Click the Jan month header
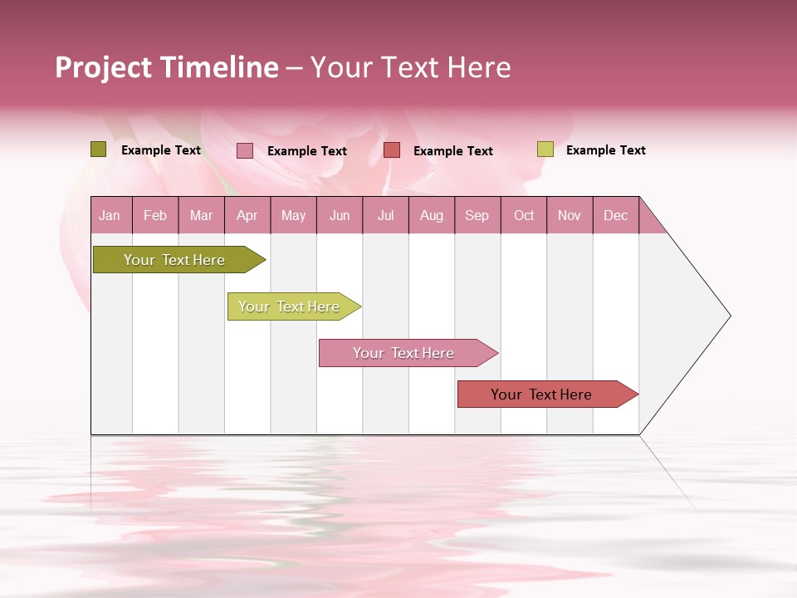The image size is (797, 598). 110,216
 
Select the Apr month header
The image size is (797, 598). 247,216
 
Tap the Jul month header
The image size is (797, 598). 385,216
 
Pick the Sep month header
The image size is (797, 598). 477,216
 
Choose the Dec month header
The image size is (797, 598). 615,216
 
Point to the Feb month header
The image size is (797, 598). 155,216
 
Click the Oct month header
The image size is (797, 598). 524,216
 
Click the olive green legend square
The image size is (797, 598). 98,149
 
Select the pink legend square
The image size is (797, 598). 245,150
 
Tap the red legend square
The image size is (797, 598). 392,150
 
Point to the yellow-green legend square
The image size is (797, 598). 545,149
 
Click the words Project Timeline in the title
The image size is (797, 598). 166,67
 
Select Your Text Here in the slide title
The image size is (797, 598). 410,67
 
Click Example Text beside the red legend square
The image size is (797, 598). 452,151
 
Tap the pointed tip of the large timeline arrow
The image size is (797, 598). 728,316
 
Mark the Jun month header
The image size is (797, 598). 340,216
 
